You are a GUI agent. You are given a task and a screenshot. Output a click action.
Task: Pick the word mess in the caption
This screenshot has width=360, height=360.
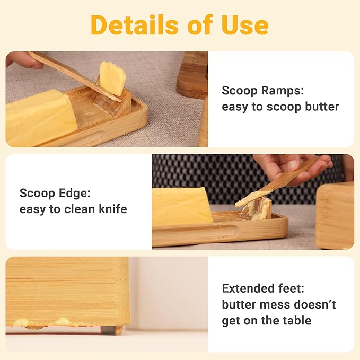(x=273, y=305)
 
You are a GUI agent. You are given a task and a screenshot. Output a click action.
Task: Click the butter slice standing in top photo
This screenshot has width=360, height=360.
(x=112, y=78)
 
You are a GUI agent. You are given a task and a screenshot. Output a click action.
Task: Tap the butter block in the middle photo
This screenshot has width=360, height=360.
(x=181, y=207)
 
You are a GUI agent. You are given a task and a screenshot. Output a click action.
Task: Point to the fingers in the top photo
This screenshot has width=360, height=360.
(x=21, y=60)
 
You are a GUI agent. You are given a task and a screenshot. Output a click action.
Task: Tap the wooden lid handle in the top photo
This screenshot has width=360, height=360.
(x=192, y=74)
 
